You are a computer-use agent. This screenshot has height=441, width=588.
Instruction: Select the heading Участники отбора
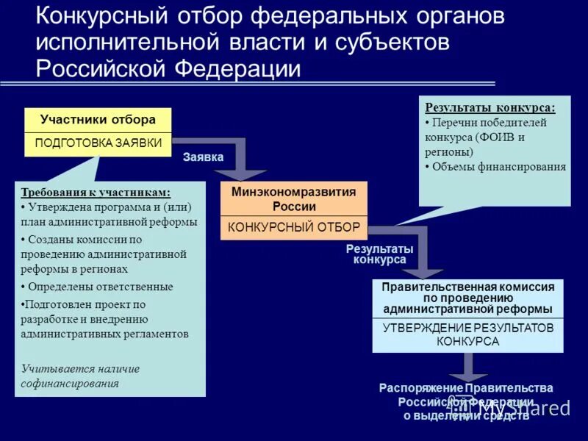(x=98, y=120)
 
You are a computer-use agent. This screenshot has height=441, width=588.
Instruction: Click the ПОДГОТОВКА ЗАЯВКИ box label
(x=98, y=143)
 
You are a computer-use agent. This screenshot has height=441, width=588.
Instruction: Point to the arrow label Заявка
(x=203, y=157)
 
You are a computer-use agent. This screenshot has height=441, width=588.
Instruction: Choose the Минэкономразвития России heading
(x=294, y=198)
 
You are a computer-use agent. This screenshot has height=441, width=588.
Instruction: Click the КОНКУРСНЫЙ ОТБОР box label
(x=294, y=227)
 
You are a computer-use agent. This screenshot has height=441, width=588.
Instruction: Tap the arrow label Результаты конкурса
(x=379, y=254)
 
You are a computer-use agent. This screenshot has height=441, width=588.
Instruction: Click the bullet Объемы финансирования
(x=499, y=167)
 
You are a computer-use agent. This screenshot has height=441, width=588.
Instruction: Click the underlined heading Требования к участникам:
(x=96, y=193)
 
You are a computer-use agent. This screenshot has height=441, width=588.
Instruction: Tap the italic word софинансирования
(x=70, y=383)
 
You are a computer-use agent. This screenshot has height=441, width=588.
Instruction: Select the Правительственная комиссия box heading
(x=467, y=298)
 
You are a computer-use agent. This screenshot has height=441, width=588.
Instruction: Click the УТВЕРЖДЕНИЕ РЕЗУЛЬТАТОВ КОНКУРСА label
(x=467, y=334)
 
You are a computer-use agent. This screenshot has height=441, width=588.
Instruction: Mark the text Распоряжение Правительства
(x=466, y=388)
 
